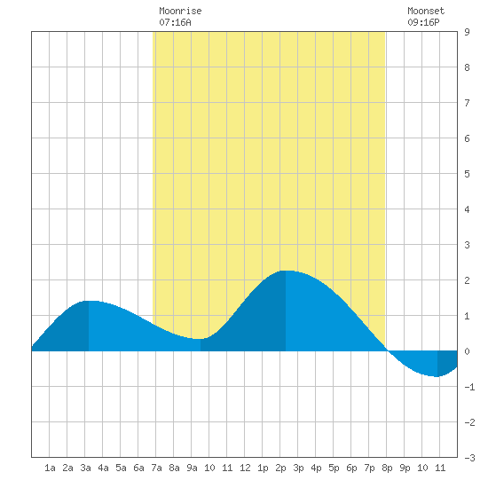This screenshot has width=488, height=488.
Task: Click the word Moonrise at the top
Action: (180, 12)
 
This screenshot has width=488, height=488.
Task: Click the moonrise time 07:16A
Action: (175, 22)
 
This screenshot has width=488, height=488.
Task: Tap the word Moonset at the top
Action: (426, 12)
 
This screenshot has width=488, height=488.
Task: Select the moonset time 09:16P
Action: (423, 22)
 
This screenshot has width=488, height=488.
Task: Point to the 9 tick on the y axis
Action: (467, 32)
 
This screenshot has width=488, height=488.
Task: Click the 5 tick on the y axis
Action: (467, 174)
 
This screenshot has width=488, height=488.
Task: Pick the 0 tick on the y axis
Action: (467, 351)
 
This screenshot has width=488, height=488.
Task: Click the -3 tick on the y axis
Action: (469, 458)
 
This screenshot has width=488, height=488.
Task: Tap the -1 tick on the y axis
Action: (469, 387)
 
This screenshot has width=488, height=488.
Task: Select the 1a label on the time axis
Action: (50, 468)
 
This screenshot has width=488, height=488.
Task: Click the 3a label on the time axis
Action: (85, 468)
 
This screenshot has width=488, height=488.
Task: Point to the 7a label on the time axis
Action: (156, 468)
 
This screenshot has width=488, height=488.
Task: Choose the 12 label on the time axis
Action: (245, 468)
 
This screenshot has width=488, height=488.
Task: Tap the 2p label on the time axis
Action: (280, 468)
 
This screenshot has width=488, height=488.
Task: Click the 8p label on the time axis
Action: (387, 468)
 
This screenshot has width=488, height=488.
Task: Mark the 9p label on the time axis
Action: (405, 468)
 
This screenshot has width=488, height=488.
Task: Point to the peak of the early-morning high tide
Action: (89, 301)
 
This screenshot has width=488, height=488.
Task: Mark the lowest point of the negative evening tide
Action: (437, 376)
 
